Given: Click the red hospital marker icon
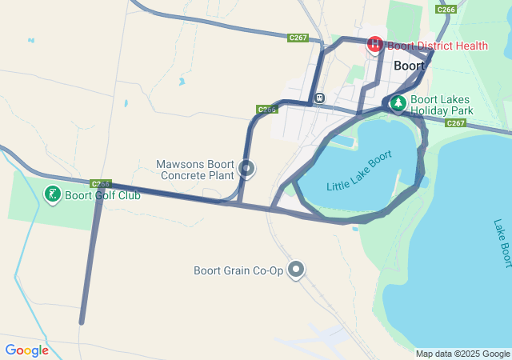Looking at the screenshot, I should coord(374,45).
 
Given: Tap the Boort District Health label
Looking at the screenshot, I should coord(438,46).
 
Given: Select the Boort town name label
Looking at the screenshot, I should coord(410,66).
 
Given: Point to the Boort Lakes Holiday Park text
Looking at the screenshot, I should coord(442,105).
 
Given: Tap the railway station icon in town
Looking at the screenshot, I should coord(319,98).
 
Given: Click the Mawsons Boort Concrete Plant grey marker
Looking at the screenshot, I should coord(246,169).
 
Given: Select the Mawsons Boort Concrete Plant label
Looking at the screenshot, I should coord(195,169).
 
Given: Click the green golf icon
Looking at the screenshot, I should coord(53,194).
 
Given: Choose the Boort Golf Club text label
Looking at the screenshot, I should coord(102,195).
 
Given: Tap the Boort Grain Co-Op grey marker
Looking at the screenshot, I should coord(297,270).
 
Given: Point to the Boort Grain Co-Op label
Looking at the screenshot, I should coord(238,270).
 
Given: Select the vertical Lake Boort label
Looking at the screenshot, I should coord(501,243).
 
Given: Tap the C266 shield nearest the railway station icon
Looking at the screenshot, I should coord(267,109).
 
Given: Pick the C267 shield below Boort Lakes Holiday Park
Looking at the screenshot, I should coord(456,123).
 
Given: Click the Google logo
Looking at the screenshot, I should coord(26,350).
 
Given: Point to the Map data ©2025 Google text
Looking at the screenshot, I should coord(462,354).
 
